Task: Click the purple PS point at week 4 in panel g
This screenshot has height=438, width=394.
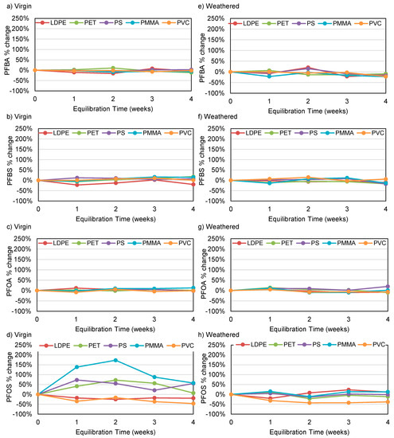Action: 387,287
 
